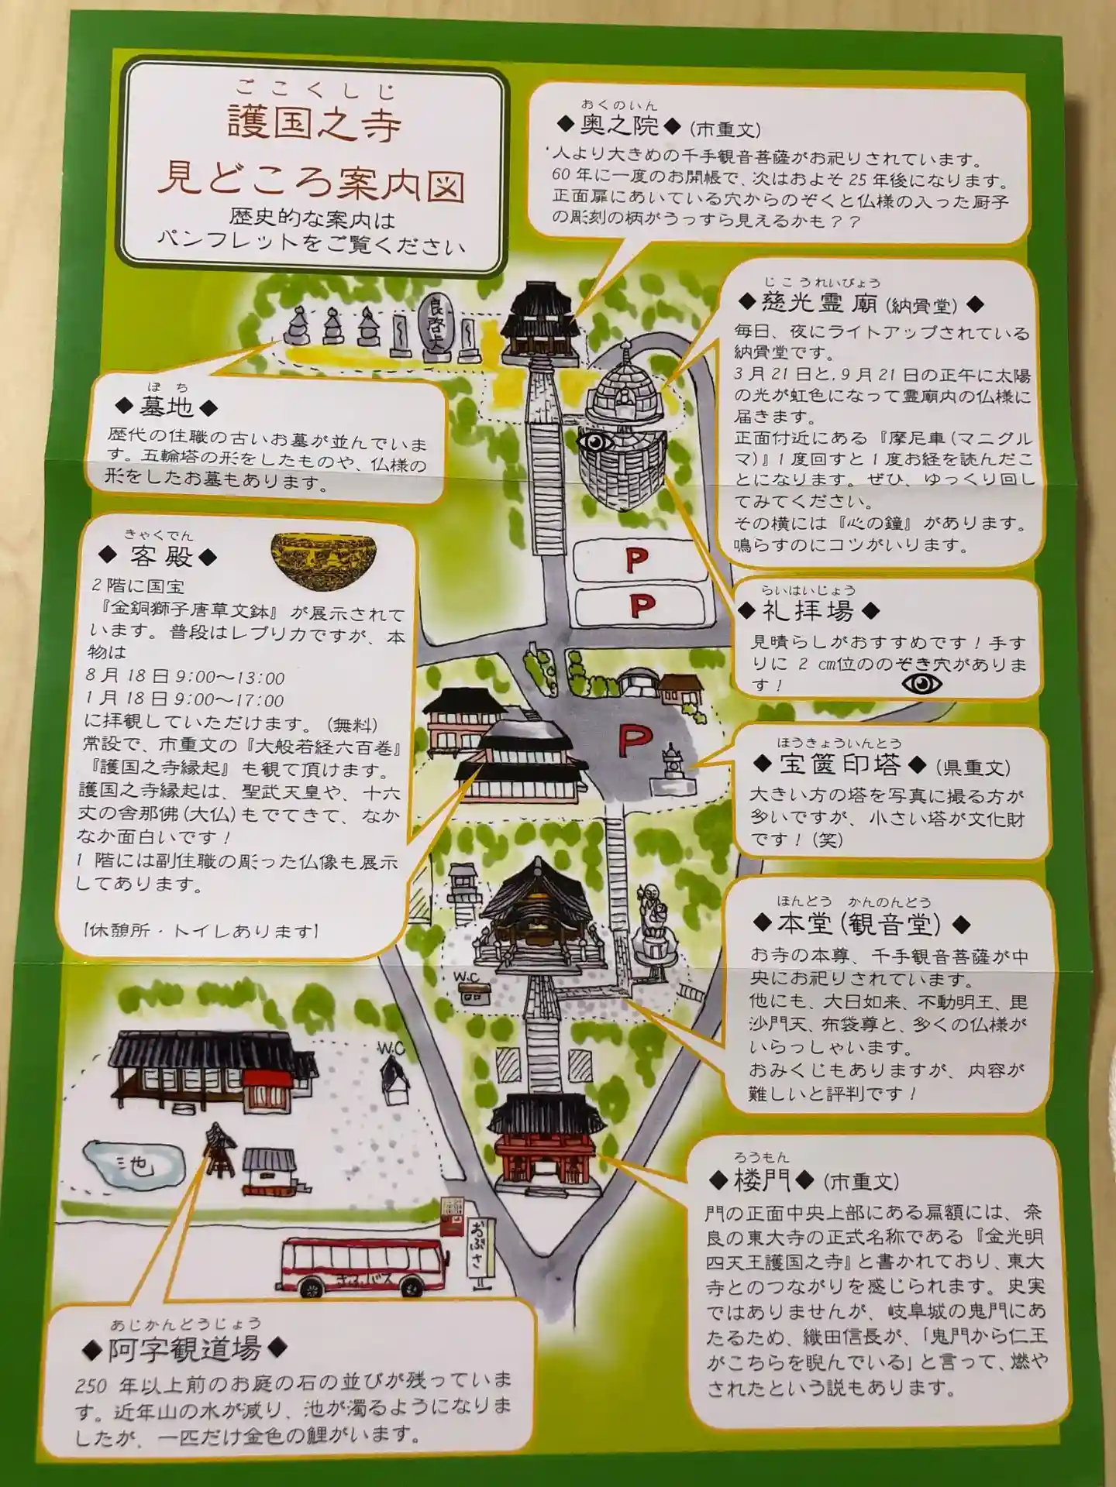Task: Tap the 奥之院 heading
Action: [619, 125]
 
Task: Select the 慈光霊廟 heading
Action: [820, 302]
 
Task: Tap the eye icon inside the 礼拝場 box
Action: [921, 683]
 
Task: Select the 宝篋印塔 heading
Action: [840, 765]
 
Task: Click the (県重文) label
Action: [973, 767]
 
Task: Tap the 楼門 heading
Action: [762, 1180]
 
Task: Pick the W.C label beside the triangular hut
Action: [391, 1049]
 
